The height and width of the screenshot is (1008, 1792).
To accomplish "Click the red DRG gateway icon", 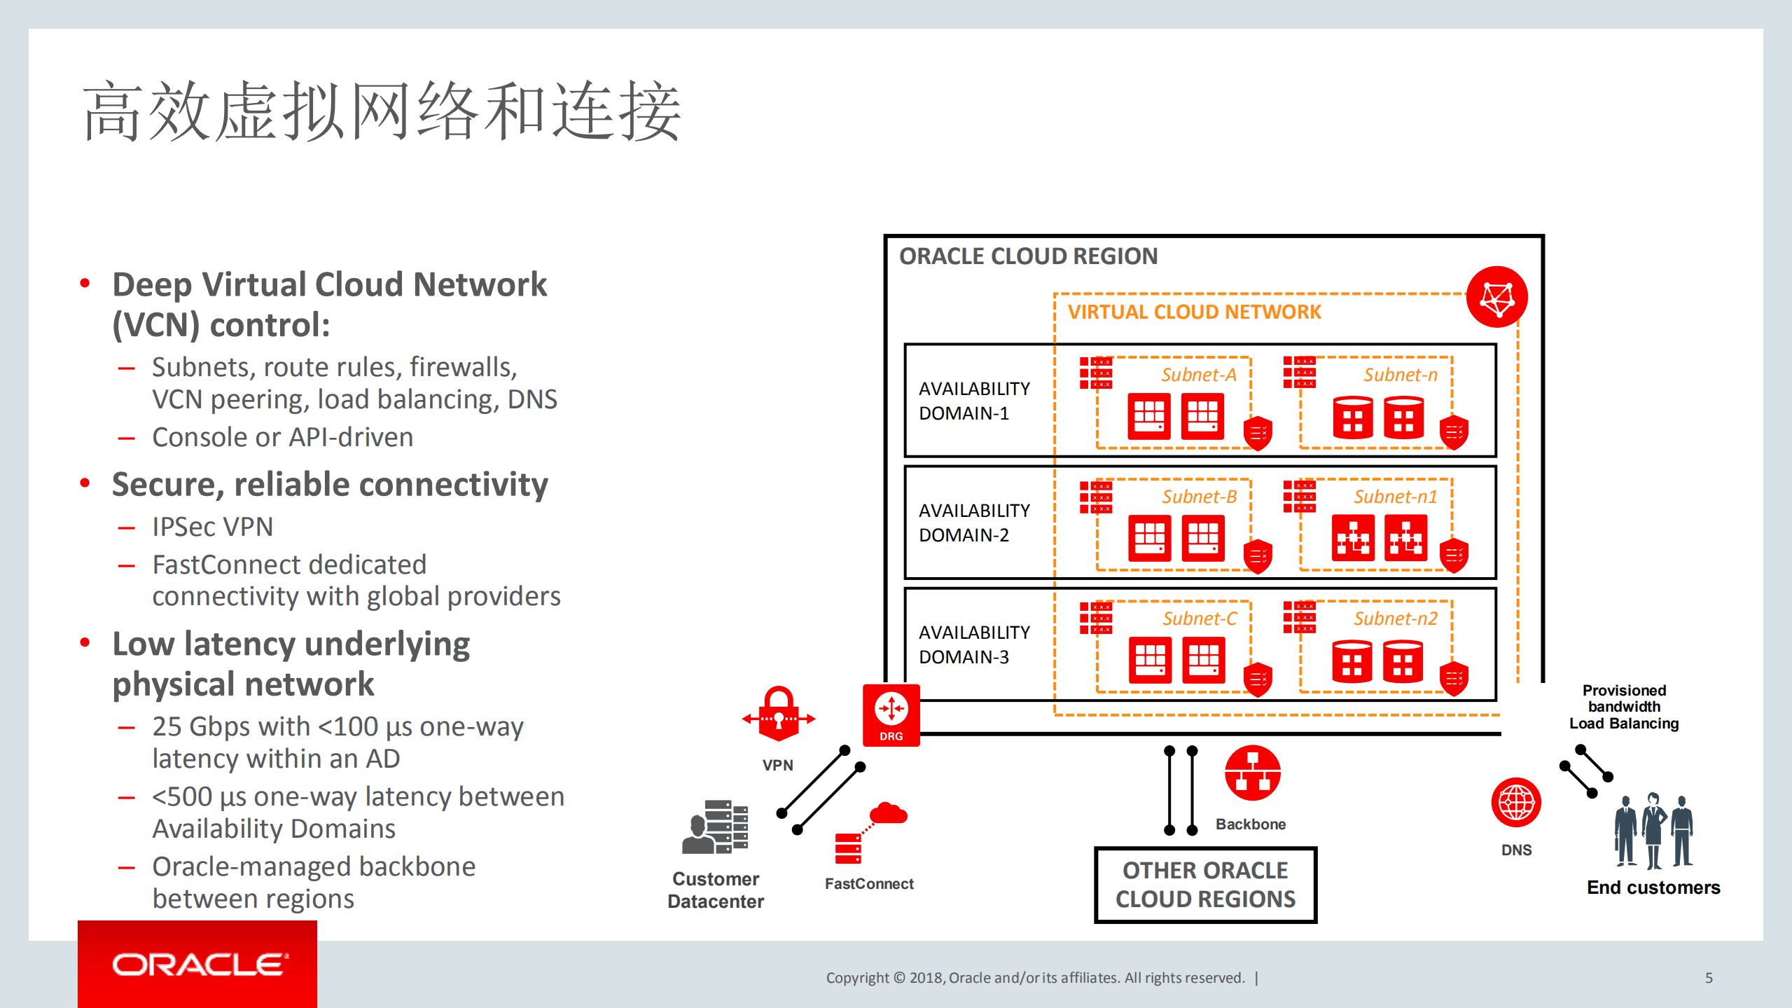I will pyautogui.click(x=891, y=714).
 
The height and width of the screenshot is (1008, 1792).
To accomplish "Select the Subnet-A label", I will pyautogui.click(x=1198, y=375).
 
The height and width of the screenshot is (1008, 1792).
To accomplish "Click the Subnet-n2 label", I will pyautogui.click(x=1395, y=619).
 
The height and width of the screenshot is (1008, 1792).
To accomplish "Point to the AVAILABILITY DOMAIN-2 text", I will pyautogui.click(x=973, y=523).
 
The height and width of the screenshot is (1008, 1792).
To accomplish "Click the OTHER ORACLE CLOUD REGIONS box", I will pyautogui.click(x=1205, y=885).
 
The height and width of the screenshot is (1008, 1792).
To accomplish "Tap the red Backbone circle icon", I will pyautogui.click(x=1252, y=773).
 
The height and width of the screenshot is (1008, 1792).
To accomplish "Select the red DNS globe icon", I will pyautogui.click(x=1516, y=803).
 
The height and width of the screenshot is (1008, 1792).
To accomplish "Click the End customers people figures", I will pyautogui.click(x=1653, y=831).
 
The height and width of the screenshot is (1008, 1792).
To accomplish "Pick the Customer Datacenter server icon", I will pyautogui.click(x=716, y=827).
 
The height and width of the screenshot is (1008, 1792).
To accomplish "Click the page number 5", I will pyautogui.click(x=1709, y=978).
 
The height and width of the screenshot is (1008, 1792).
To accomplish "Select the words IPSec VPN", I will pyautogui.click(x=212, y=527).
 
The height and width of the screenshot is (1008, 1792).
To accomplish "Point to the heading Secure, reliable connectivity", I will pyautogui.click(x=330, y=485).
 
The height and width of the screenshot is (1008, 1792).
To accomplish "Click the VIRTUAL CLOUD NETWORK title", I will pyautogui.click(x=1194, y=312).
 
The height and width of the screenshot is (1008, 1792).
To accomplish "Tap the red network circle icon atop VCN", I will pyautogui.click(x=1496, y=297).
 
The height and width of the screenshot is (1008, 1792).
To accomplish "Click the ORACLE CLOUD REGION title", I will pyautogui.click(x=1028, y=256).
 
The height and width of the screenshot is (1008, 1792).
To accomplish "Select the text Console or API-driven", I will pyautogui.click(x=282, y=437).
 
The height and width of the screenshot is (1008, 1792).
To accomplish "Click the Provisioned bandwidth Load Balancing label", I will pyautogui.click(x=1623, y=707).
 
